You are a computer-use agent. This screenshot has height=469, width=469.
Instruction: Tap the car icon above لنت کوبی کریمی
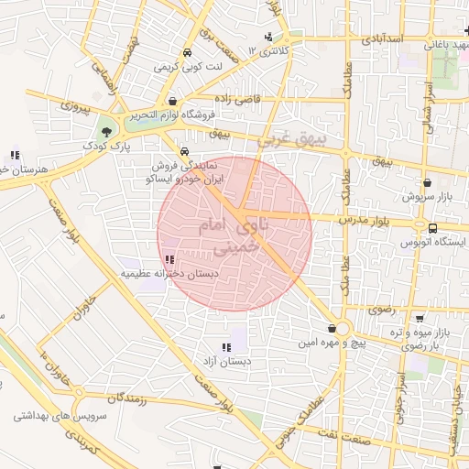(186, 52)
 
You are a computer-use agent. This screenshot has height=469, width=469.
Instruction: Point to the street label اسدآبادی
(382, 40)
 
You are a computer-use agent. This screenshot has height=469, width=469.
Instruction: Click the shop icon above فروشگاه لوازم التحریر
(173, 101)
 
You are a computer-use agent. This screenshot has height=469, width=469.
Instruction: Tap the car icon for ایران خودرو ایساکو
(185, 152)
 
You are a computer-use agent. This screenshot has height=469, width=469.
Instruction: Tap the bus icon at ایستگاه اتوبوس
(432, 228)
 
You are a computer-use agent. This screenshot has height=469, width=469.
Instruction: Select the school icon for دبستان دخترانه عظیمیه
(168, 260)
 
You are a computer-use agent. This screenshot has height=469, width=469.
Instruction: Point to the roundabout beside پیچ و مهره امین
(344, 329)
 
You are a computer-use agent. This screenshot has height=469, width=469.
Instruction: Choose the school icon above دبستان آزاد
(226, 347)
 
